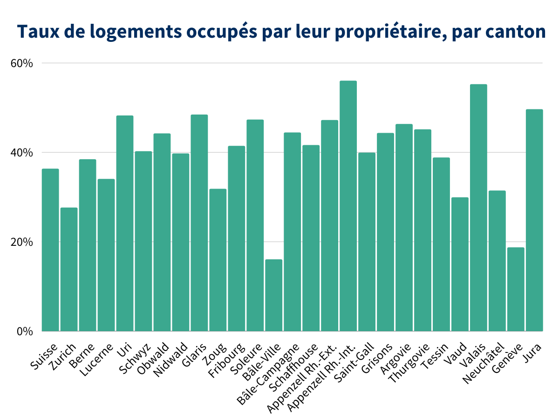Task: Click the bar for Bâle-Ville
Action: pyautogui.click(x=274, y=295)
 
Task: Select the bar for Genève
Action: pyautogui.click(x=516, y=289)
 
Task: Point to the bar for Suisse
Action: pyautogui.click(x=50, y=250)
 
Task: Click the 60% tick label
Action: pyautogui.click(x=21, y=63)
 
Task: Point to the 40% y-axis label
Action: pyautogui.click(x=21, y=153)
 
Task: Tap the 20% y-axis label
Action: pyautogui.click(x=21, y=242)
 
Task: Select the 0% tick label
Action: pyautogui.click(x=24, y=331)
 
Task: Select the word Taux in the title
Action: pyautogui.click(x=35, y=32)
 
